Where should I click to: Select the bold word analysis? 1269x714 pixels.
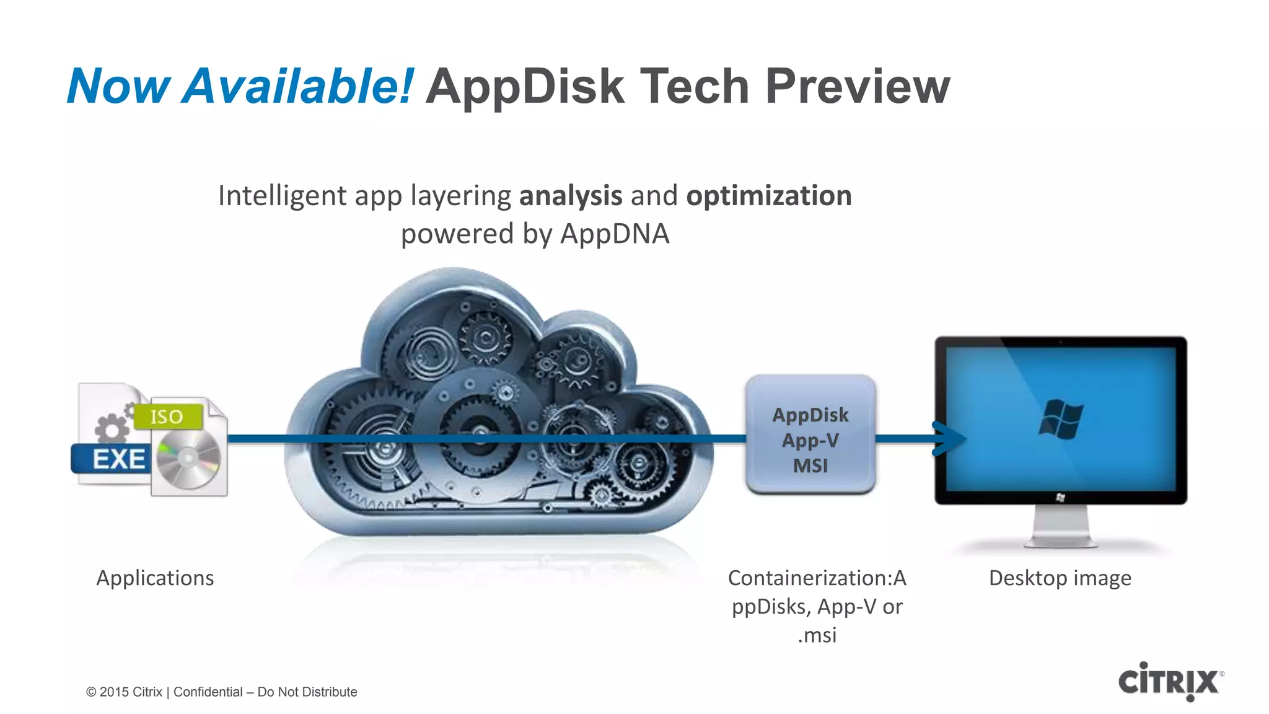pyautogui.click(x=570, y=196)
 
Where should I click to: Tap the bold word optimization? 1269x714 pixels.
pyautogui.click(x=768, y=196)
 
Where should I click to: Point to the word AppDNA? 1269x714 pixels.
pyautogui.click(x=615, y=234)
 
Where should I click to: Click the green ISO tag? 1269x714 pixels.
pyautogui.click(x=167, y=416)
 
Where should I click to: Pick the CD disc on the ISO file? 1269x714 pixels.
pyautogui.click(x=188, y=459)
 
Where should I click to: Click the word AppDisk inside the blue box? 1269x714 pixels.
pyautogui.click(x=810, y=415)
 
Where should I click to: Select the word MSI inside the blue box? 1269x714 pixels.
pyautogui.click(x=810, y=465)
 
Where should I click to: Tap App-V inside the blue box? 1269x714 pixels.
pyautogui.click(x=810, y=440)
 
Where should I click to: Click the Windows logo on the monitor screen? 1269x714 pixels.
pyautogui.click(x=1060, y=419)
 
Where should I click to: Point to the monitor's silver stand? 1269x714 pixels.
pyautogui.click(x=1060, y=527)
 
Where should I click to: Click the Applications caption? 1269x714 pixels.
pyautogui.click(x=155, y=578)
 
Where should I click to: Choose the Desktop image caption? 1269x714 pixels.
pyautogui.click(x=1060, y=578)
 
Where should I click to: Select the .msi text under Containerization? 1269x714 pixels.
pyautogui.click(x=817, y=635)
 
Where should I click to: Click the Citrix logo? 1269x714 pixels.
pyautogui.click(x=1169, y=682)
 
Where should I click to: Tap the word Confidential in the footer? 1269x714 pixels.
pyautogui.click(x=208, y=692)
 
